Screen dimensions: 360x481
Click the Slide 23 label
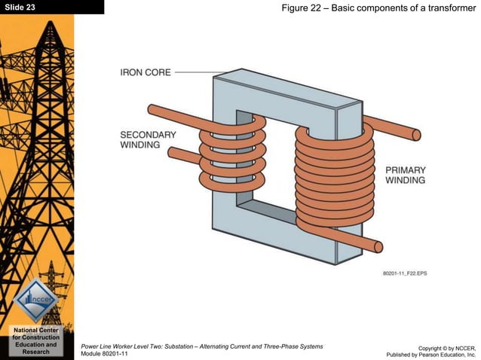(20, 7)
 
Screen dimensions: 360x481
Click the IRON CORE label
(146, 72)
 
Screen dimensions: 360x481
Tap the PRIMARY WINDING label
(405, 175)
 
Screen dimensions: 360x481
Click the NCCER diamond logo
(37, 299)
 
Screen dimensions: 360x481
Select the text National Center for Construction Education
(37, 340)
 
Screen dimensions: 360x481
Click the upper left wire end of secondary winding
(153, 111)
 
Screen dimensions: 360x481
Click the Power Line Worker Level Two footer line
(201, 345)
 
